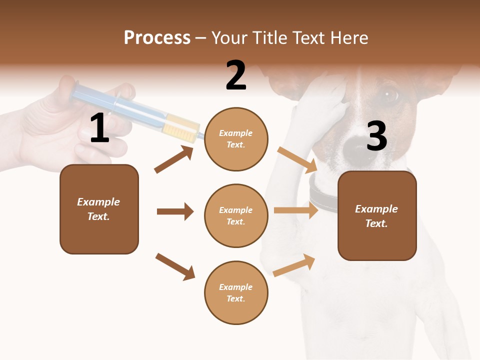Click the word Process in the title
pyautogui.click(x=157, y=38)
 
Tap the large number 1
pyautogui.click(x=99, y=128)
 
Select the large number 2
pyautogui.click(x=236, y=76)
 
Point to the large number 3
pyautogui.click(x=376, y=136)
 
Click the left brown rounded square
pyautogui.click(x=99, y=209)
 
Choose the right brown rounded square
pyautogui.click(x=377, y=215)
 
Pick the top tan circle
pyautogui.click(x=236, y=139)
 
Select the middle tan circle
pyautogui.click(x=236, y=215)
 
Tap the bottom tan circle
pyautogui.click(x=236, y=292)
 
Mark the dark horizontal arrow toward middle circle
pyautogui.click(x=175, y=211)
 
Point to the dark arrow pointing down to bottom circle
pyautogui.click(x=175, y=266)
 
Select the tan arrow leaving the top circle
pyautogui.click(x=297, y=158)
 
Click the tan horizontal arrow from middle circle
pyautogui.click(x=295, y=210)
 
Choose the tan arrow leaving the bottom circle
pyautogui.click(x=294, y=265)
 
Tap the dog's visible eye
pyautogui.click(x=389, y=94)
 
